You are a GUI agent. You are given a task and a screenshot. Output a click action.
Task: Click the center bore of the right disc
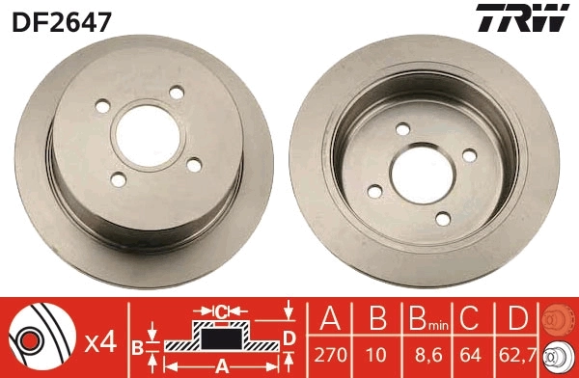pyautogui.click(x=431, y=172)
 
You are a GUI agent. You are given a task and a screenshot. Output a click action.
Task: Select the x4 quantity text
pyautogui.click(x=99, y=341)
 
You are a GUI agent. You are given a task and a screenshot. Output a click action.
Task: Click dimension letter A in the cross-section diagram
pyautogui.click(x=220, y=365)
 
